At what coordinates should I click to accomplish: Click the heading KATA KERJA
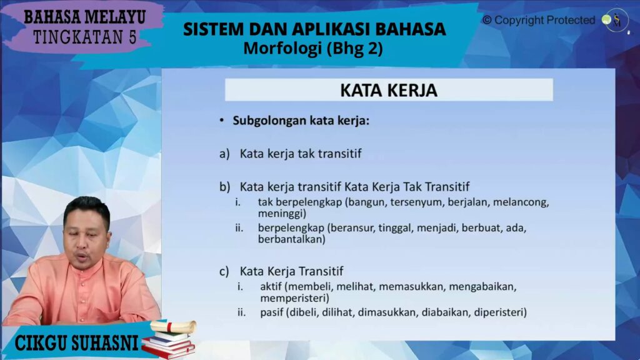389,90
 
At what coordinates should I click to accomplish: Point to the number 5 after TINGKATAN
132,37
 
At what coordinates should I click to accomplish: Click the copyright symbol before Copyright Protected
487,20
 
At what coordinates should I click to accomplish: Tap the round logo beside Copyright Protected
616,21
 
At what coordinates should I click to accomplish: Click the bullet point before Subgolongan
222,121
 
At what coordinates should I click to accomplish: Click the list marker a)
224,154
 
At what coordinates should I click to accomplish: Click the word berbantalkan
291,239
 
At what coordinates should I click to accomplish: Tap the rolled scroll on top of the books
173,326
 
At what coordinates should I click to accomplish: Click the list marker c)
224,271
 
